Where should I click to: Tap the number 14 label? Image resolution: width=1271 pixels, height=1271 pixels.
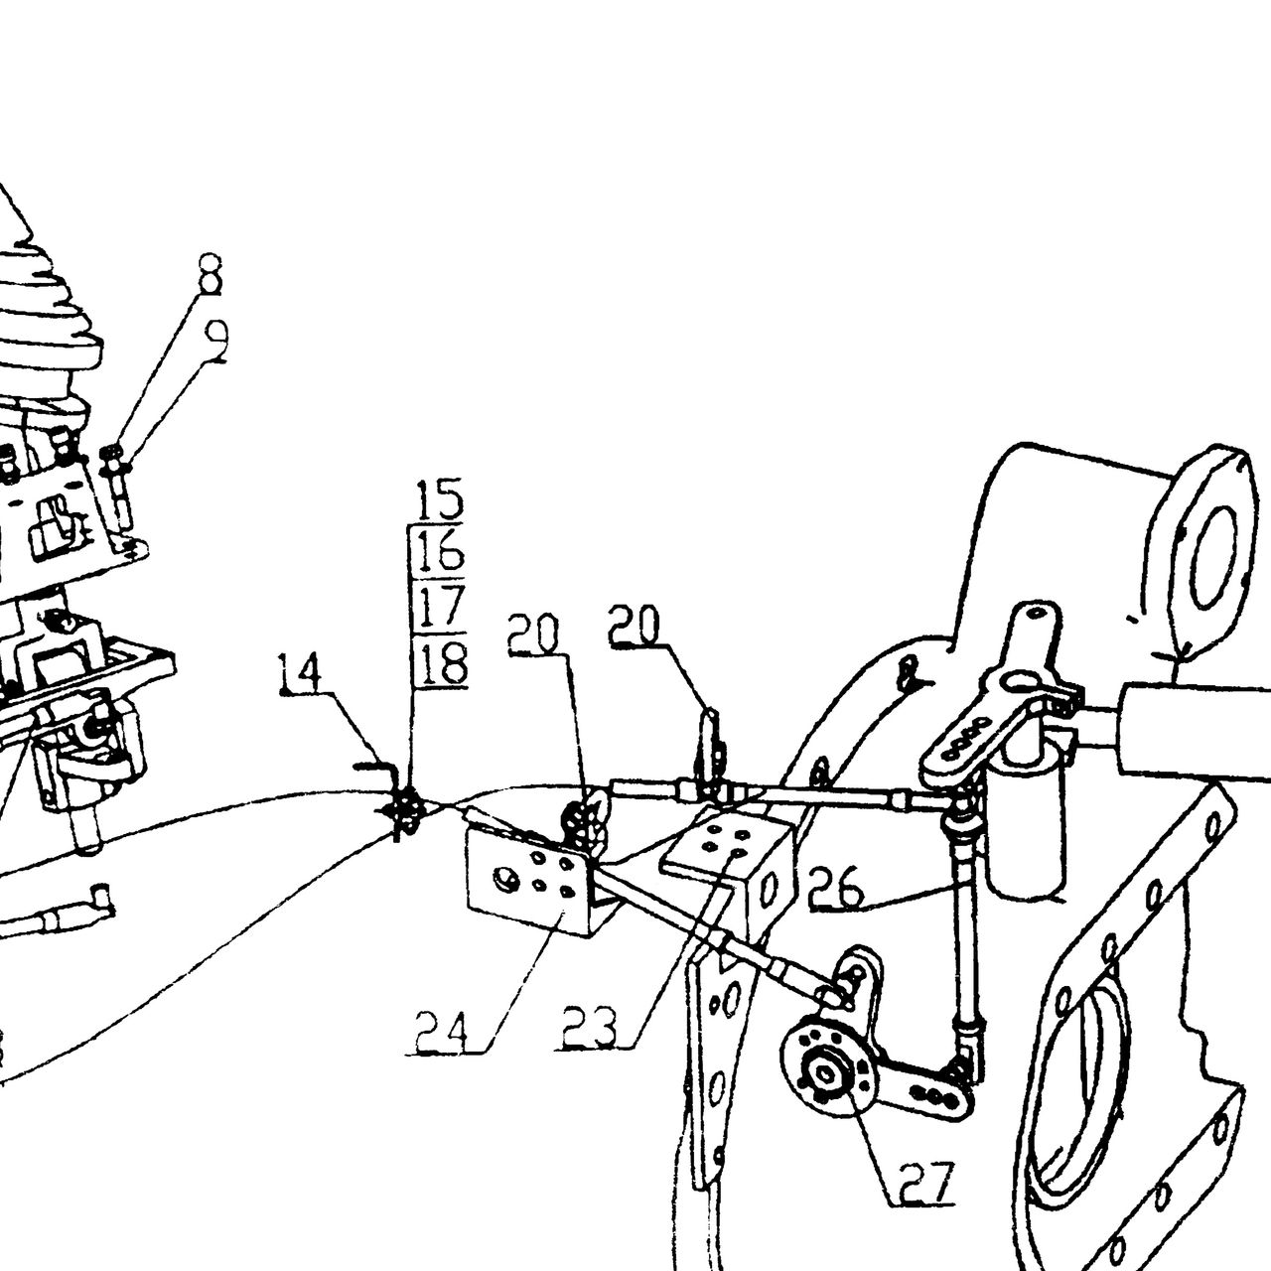pos(300,673)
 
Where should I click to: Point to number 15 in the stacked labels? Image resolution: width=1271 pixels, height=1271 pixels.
pos(441,499)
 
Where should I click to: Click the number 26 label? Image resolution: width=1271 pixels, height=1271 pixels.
pos(836,887)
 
